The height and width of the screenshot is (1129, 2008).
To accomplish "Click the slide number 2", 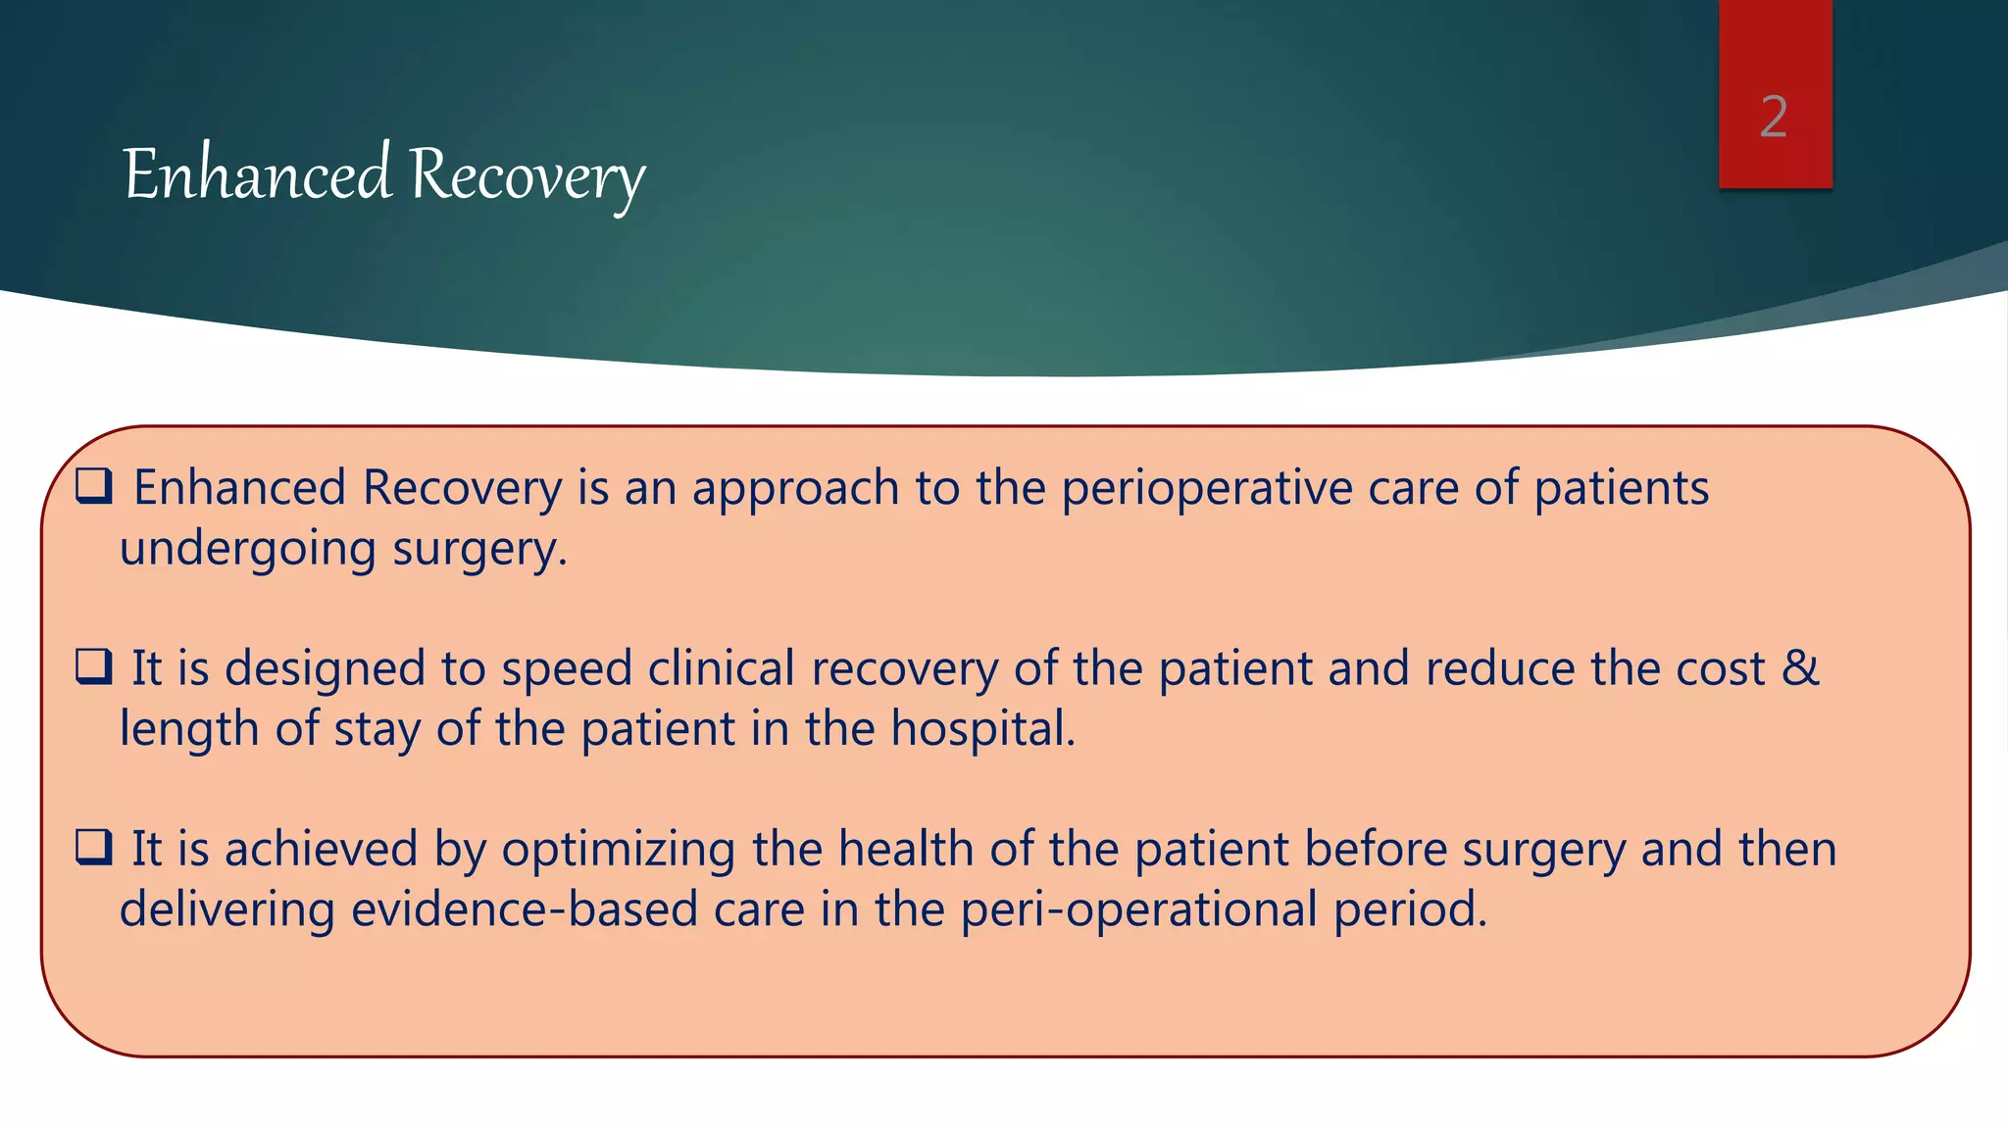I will point(1774,118).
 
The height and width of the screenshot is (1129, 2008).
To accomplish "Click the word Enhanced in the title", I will point(258,174).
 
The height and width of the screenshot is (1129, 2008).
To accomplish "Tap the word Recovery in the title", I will point(527,176).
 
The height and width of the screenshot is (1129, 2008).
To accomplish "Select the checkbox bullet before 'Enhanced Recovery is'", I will point(94,486).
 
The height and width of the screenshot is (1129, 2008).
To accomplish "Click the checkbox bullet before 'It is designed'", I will point(94,667).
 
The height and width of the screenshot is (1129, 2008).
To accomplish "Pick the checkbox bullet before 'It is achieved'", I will point(94,848).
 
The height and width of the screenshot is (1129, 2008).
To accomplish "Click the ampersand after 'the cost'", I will point(1800,668).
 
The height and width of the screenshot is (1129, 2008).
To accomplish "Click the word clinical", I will point(721,668).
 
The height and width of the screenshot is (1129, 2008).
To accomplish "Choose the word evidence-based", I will point(524,908).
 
